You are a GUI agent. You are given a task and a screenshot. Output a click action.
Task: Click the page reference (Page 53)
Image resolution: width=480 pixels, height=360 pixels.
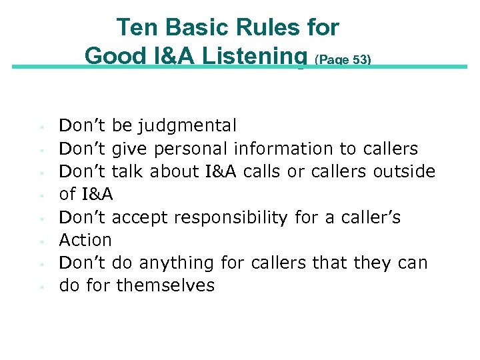tap(343, 59)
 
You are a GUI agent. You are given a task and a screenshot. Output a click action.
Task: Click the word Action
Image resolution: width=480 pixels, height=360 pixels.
tap(85, 240)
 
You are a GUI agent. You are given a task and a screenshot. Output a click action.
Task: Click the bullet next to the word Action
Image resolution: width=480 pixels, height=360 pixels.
tap(41, 241)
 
